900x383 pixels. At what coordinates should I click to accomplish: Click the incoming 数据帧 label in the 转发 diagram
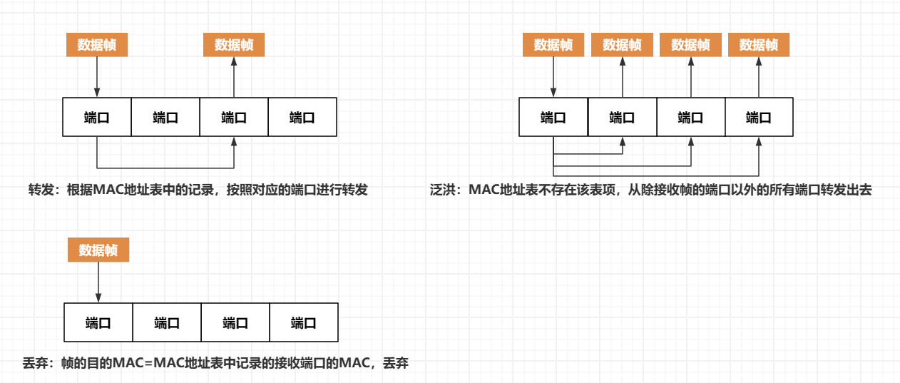[x=97, y=45]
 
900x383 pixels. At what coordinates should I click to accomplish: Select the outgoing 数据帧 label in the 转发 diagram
[x=234, y=45]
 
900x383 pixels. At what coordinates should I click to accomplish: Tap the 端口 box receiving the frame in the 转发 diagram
[x=97, y=117]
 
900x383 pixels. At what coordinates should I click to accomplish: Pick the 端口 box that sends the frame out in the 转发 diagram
[x=234, y=117]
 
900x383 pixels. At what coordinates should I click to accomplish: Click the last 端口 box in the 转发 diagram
[x=302, y=117]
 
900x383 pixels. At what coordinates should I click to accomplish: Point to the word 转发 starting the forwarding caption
[x=40, y=190]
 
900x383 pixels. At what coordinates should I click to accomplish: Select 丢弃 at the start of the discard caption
[x=34, y=363]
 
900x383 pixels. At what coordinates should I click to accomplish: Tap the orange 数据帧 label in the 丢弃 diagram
[x=98, y=250]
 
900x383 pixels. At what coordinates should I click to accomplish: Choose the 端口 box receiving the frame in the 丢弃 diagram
[x=98, y=322]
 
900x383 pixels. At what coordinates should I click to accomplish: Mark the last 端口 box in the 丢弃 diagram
[x=304, y=322]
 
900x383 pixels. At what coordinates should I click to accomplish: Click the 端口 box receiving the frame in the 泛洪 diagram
[x=553, y=117]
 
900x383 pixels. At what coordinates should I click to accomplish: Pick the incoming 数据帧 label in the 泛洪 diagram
[x=553, y=45]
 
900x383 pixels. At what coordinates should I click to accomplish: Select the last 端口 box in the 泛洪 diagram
[x=759, y=117]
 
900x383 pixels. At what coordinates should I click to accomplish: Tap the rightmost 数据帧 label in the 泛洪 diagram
[x=759, y=45]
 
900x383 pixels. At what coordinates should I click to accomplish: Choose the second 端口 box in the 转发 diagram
[x=165, y=117]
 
